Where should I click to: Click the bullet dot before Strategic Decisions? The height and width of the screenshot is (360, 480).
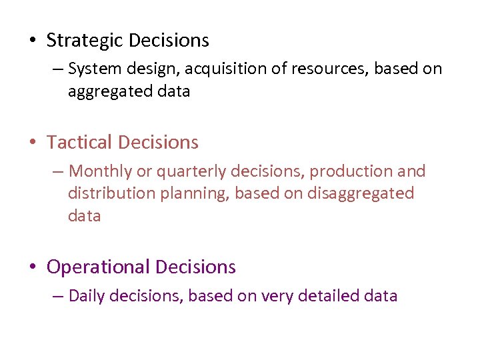(x=33, y=41)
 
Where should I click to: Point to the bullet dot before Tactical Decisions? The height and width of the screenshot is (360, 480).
(x=33, y=143)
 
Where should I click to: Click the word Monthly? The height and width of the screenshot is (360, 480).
(x=101, y=171)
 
